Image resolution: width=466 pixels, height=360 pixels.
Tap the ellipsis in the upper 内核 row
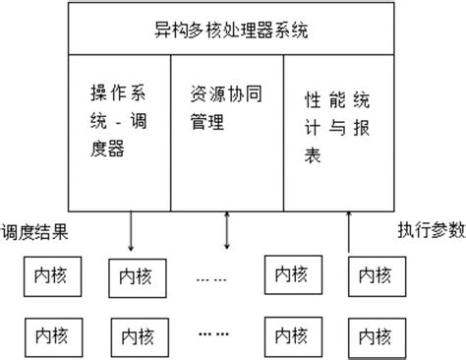click(210, 278)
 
